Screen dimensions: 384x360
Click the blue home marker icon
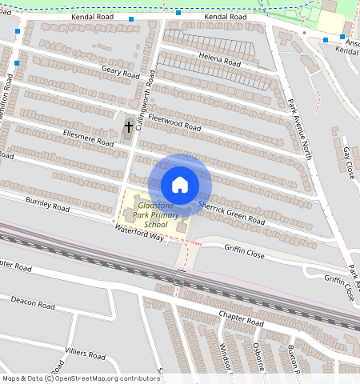(180, 185)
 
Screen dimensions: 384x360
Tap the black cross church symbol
(128, 127)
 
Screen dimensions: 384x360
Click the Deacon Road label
(32, 302)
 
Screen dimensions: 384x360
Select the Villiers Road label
(86, 354)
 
